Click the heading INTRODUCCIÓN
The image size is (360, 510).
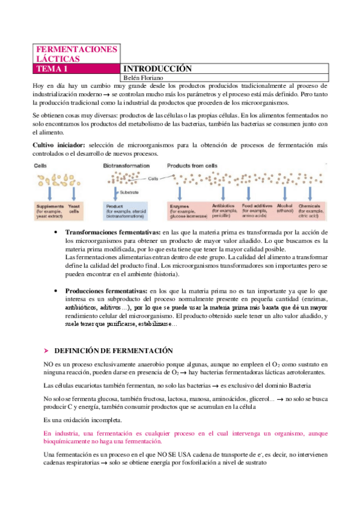tap(157, 69)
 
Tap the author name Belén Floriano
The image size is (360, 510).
tap(144, 78)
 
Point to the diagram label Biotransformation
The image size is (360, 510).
tap(127, 165)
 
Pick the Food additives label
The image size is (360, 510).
tap(255, 208)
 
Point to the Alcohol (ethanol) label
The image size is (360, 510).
tap(285, 207)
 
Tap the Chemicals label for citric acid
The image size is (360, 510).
tap(312, 208)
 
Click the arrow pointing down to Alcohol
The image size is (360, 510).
tap(284, 192)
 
